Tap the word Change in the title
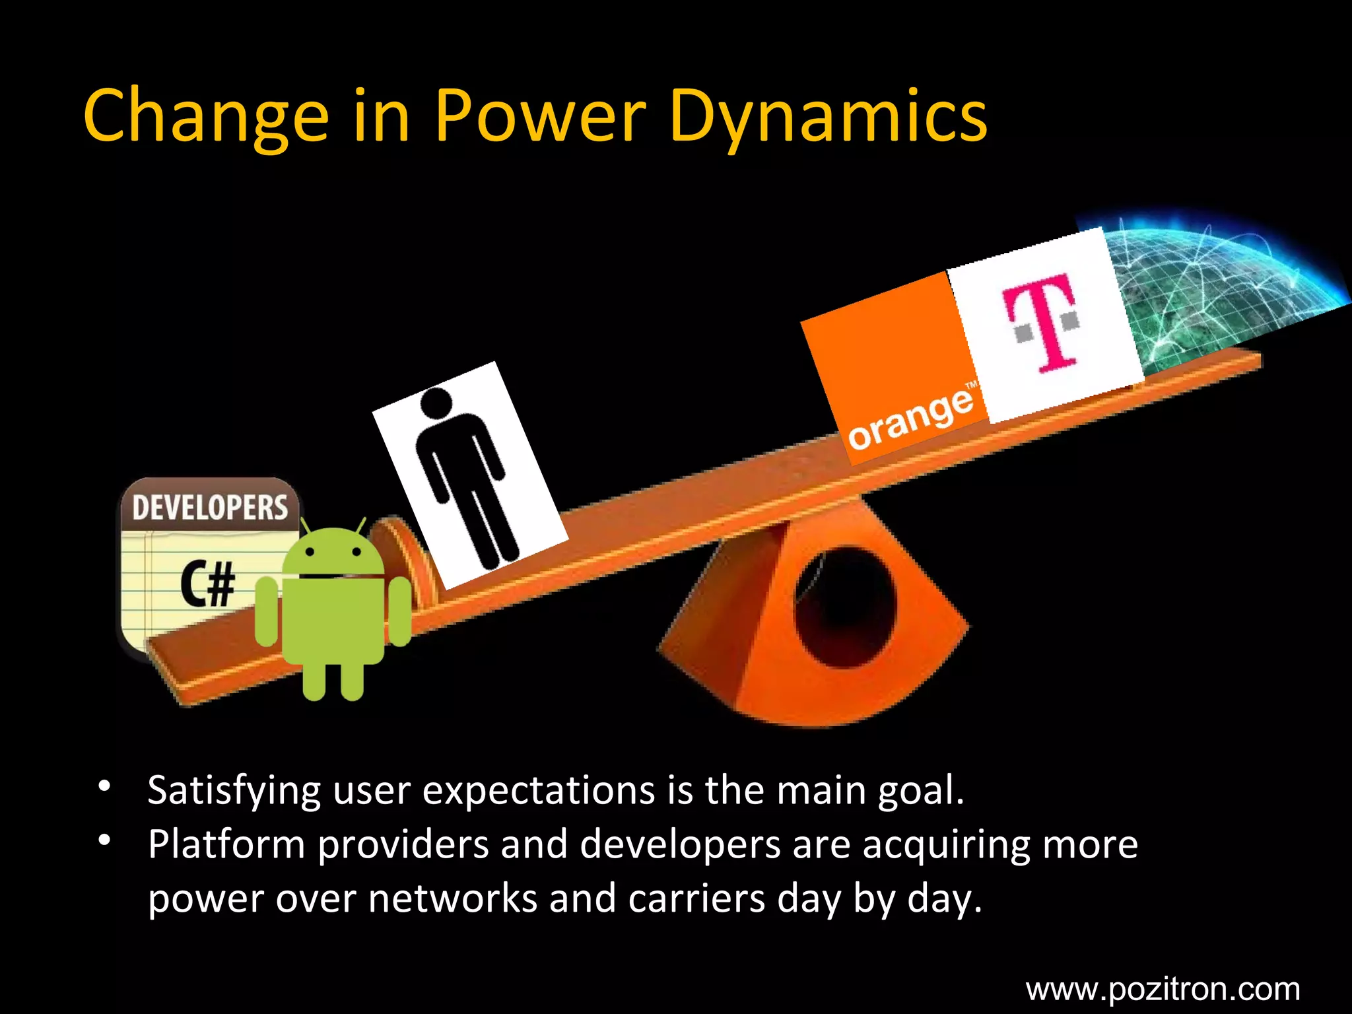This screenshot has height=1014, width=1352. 205,117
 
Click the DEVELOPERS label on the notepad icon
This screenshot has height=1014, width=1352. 210,507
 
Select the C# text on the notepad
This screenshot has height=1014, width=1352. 208,584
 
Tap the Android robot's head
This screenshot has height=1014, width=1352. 333,551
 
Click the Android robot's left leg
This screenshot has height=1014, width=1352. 314,680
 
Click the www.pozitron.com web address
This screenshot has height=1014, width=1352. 1163,989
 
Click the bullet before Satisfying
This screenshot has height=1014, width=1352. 104,787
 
